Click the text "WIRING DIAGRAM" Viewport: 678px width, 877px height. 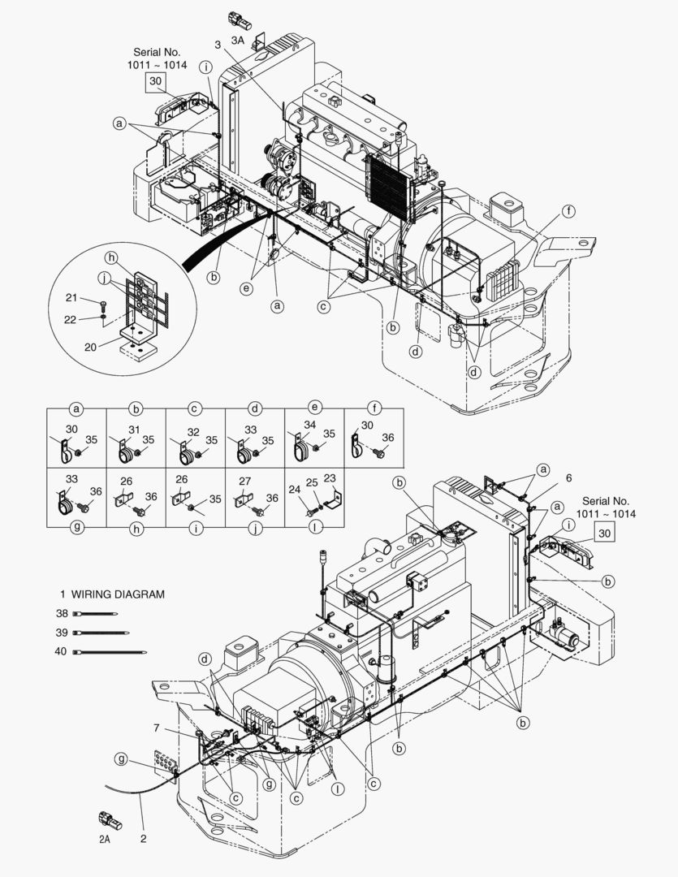[119, 594]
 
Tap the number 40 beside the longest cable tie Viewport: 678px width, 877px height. [61, 651]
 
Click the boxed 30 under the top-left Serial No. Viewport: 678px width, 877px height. [155, 81]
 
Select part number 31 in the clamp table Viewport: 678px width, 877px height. [133, 430]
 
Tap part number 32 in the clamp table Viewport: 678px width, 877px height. [192, 431]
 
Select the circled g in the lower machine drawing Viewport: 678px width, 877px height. [121, 759]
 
